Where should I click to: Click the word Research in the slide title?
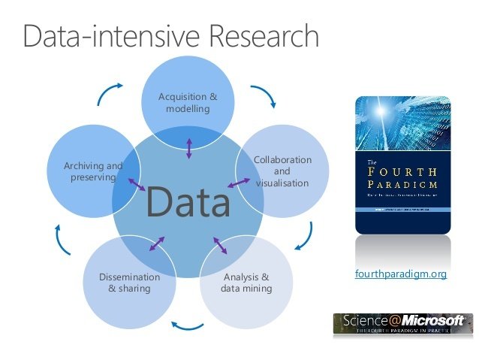pos(256,36)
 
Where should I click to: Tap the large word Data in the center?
pos(188,201)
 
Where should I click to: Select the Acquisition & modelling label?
pos(188,102)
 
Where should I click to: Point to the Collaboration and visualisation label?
pos(282,171)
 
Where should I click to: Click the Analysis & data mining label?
pos(246,282)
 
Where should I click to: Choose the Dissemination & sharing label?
pos(129,282)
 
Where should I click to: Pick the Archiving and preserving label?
pos(92,171)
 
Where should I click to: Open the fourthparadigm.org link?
pos(400,274)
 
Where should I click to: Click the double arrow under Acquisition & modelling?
pos(188,147)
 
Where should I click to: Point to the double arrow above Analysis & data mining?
pos(219,246)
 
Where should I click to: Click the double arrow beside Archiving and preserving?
pos(137,183)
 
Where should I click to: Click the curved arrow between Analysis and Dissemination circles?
pos(188,325)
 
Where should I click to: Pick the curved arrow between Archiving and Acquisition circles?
pos(110,92)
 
